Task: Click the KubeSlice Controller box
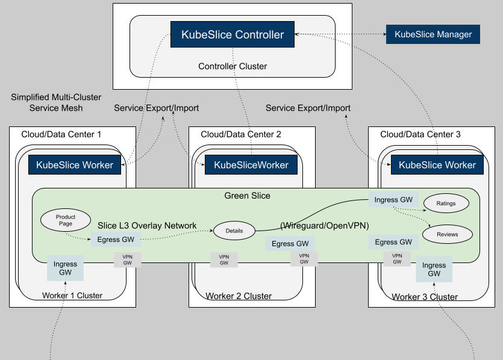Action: [x=233, y=35]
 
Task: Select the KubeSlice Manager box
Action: [x=433, y=34]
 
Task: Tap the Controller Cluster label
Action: [x=233, y=66]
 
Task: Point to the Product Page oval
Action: [x=65, y=220]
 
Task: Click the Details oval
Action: [x=234, y=231]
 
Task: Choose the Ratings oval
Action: [x=446, y=203]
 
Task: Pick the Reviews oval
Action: [x=447, y=234]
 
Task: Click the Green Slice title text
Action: [x=247, y=196]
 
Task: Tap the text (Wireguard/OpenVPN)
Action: [x=324, y=225]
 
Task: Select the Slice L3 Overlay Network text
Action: [x=147, y=225]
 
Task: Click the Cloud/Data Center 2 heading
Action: [x=240, y=134]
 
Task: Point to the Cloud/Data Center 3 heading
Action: [x=420, y=134]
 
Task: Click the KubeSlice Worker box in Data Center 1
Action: [x=75, y=164]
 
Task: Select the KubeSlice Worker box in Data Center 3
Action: [x=437, y=164]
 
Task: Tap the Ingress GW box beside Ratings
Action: [x=395, y=200]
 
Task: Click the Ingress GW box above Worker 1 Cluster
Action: [x=65, y=268]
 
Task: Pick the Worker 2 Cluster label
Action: [x=239, y=296]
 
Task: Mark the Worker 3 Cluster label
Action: [x=425, y=297]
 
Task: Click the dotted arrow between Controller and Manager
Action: [x=340, y=35]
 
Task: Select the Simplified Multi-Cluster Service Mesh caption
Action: [x=56, y=102]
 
